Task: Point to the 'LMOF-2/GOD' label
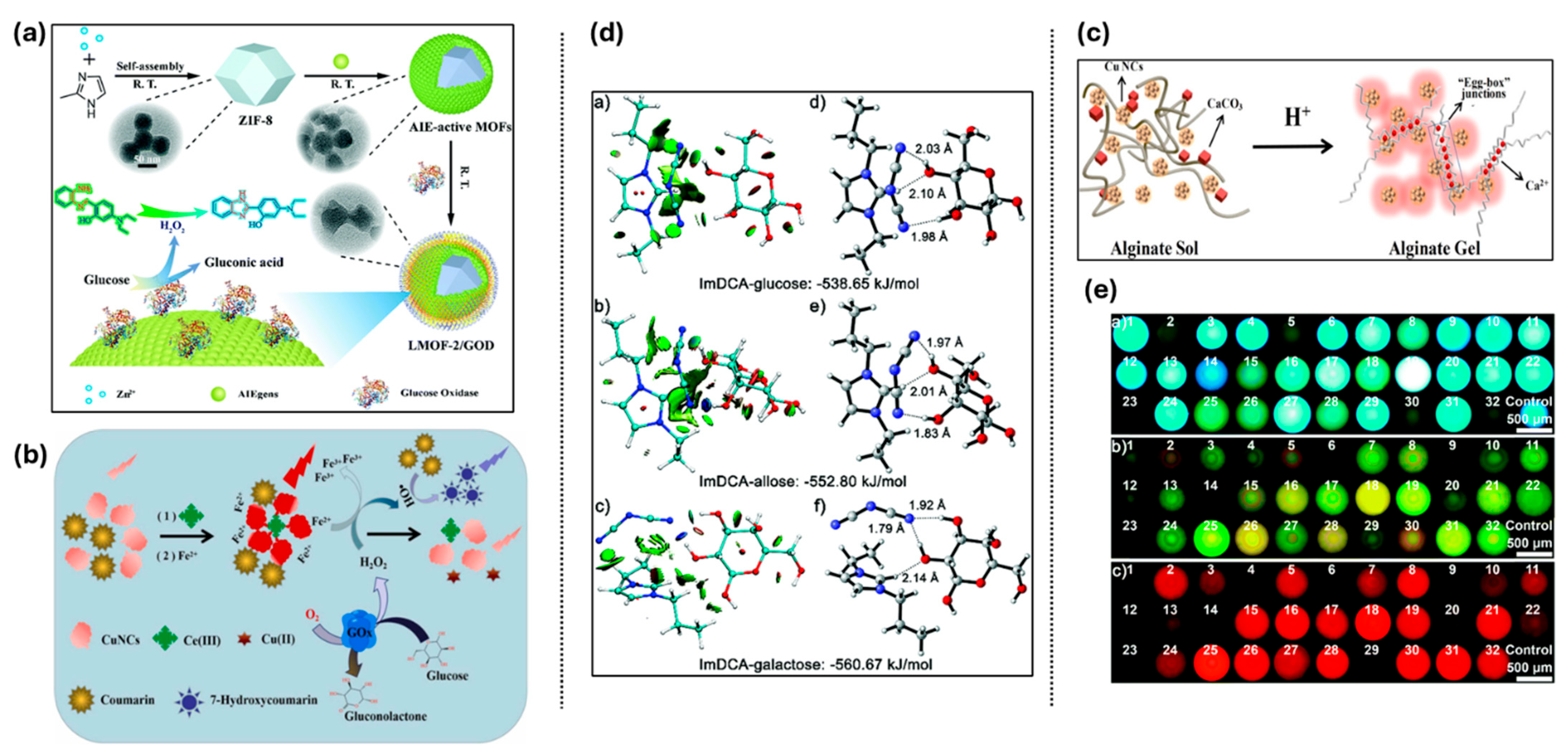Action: pyautogui.click(x=451, y=345)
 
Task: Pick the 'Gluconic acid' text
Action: pyautogui.click(x=243, y=262)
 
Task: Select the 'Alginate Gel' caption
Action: pyautogui.click(x=1434, y=248)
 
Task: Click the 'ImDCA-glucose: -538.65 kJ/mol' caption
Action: pyautogui.click(x=808, y=283)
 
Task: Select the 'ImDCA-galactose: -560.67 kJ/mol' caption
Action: pyautogui.click(x=815, y=664)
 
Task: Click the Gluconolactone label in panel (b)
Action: pyautogui.click(x=385, y=716)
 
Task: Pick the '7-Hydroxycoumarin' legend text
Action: pyautogui.click(x=263, y=700)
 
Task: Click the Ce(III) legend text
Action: pyautogui.click(x=202, y=640)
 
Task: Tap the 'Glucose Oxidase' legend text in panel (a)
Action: pyautogui.click(x=439, y=393)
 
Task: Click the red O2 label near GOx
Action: pyautogui.click(x=312, y=615)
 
